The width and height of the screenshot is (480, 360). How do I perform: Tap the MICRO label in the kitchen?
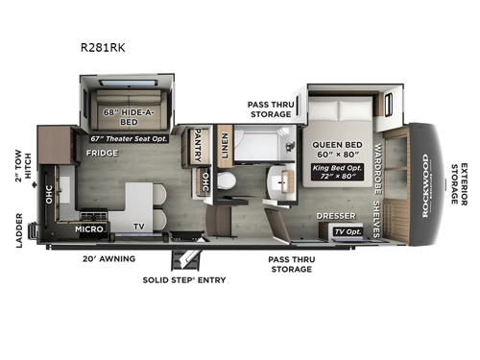click(89, 230)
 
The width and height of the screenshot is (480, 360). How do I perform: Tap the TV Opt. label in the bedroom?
click(348, 232)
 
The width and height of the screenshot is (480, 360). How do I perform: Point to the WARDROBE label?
click(378, 165)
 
